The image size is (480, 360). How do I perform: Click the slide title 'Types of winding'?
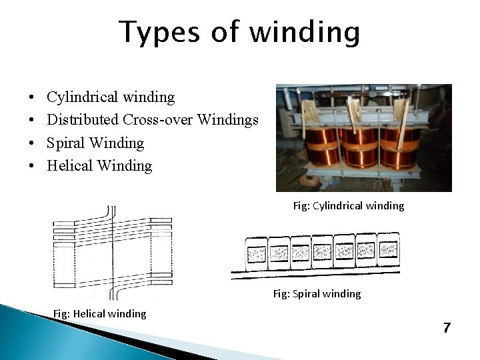click(x=239, y=32)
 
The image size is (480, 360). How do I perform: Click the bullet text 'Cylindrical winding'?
click(x=111, y=97)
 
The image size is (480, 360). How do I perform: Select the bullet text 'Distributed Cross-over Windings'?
click(x=153, y=120)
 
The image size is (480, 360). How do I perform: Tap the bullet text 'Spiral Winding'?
click(x=95, y=143)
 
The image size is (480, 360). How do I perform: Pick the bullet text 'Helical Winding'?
click(x=99, y=165)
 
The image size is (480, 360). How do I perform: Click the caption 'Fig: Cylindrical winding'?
click(x=348, y=206)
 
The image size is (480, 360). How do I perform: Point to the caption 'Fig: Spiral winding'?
click(x=317, y=293)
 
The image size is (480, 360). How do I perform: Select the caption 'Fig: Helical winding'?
click(x=99, y=313)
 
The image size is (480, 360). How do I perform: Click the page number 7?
click(x=446, y=327)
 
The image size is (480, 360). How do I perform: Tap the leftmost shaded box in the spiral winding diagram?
click(x=256, y=253)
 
